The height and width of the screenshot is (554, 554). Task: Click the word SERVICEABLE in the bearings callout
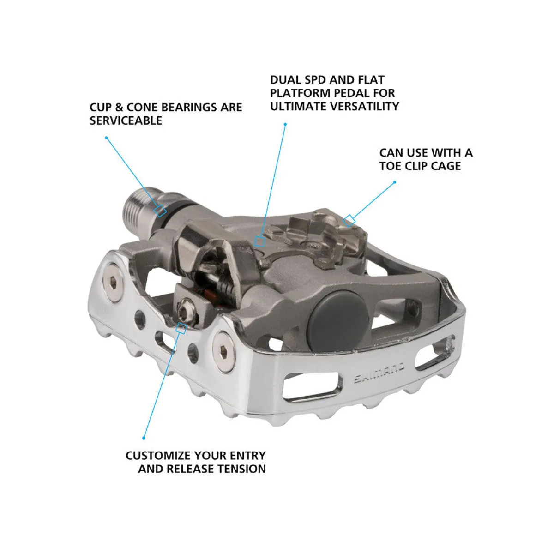tap(126, 120)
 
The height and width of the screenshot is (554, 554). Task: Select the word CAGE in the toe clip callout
tap(445, 166)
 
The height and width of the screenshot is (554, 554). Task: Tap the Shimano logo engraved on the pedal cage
tap(379, 373)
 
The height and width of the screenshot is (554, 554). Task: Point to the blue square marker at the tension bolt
tap(181, 328)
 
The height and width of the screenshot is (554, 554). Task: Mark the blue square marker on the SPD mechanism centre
tap(260, 241)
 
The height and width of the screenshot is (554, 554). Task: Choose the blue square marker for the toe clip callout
tap(349, 220)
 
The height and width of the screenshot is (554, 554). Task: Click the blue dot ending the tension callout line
tap(144, 438)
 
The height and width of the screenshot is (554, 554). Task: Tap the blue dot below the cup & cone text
tap(106, 137)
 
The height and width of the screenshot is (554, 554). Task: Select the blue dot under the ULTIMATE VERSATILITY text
tap(285, 124)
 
